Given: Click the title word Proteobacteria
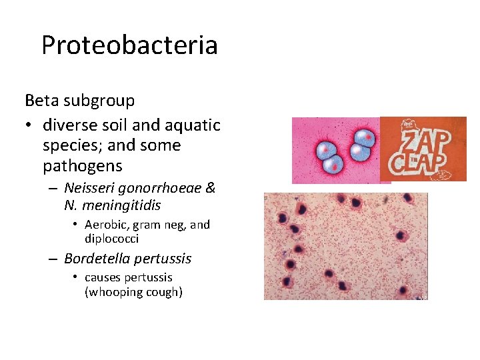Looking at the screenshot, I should point(129,45).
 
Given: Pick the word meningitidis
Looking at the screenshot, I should point(122,206).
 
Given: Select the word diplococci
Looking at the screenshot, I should point(111,239).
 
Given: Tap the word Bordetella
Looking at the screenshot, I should point(96,259).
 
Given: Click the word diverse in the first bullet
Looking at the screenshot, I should point(67,125).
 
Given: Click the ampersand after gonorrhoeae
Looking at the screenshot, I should point(210,189).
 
